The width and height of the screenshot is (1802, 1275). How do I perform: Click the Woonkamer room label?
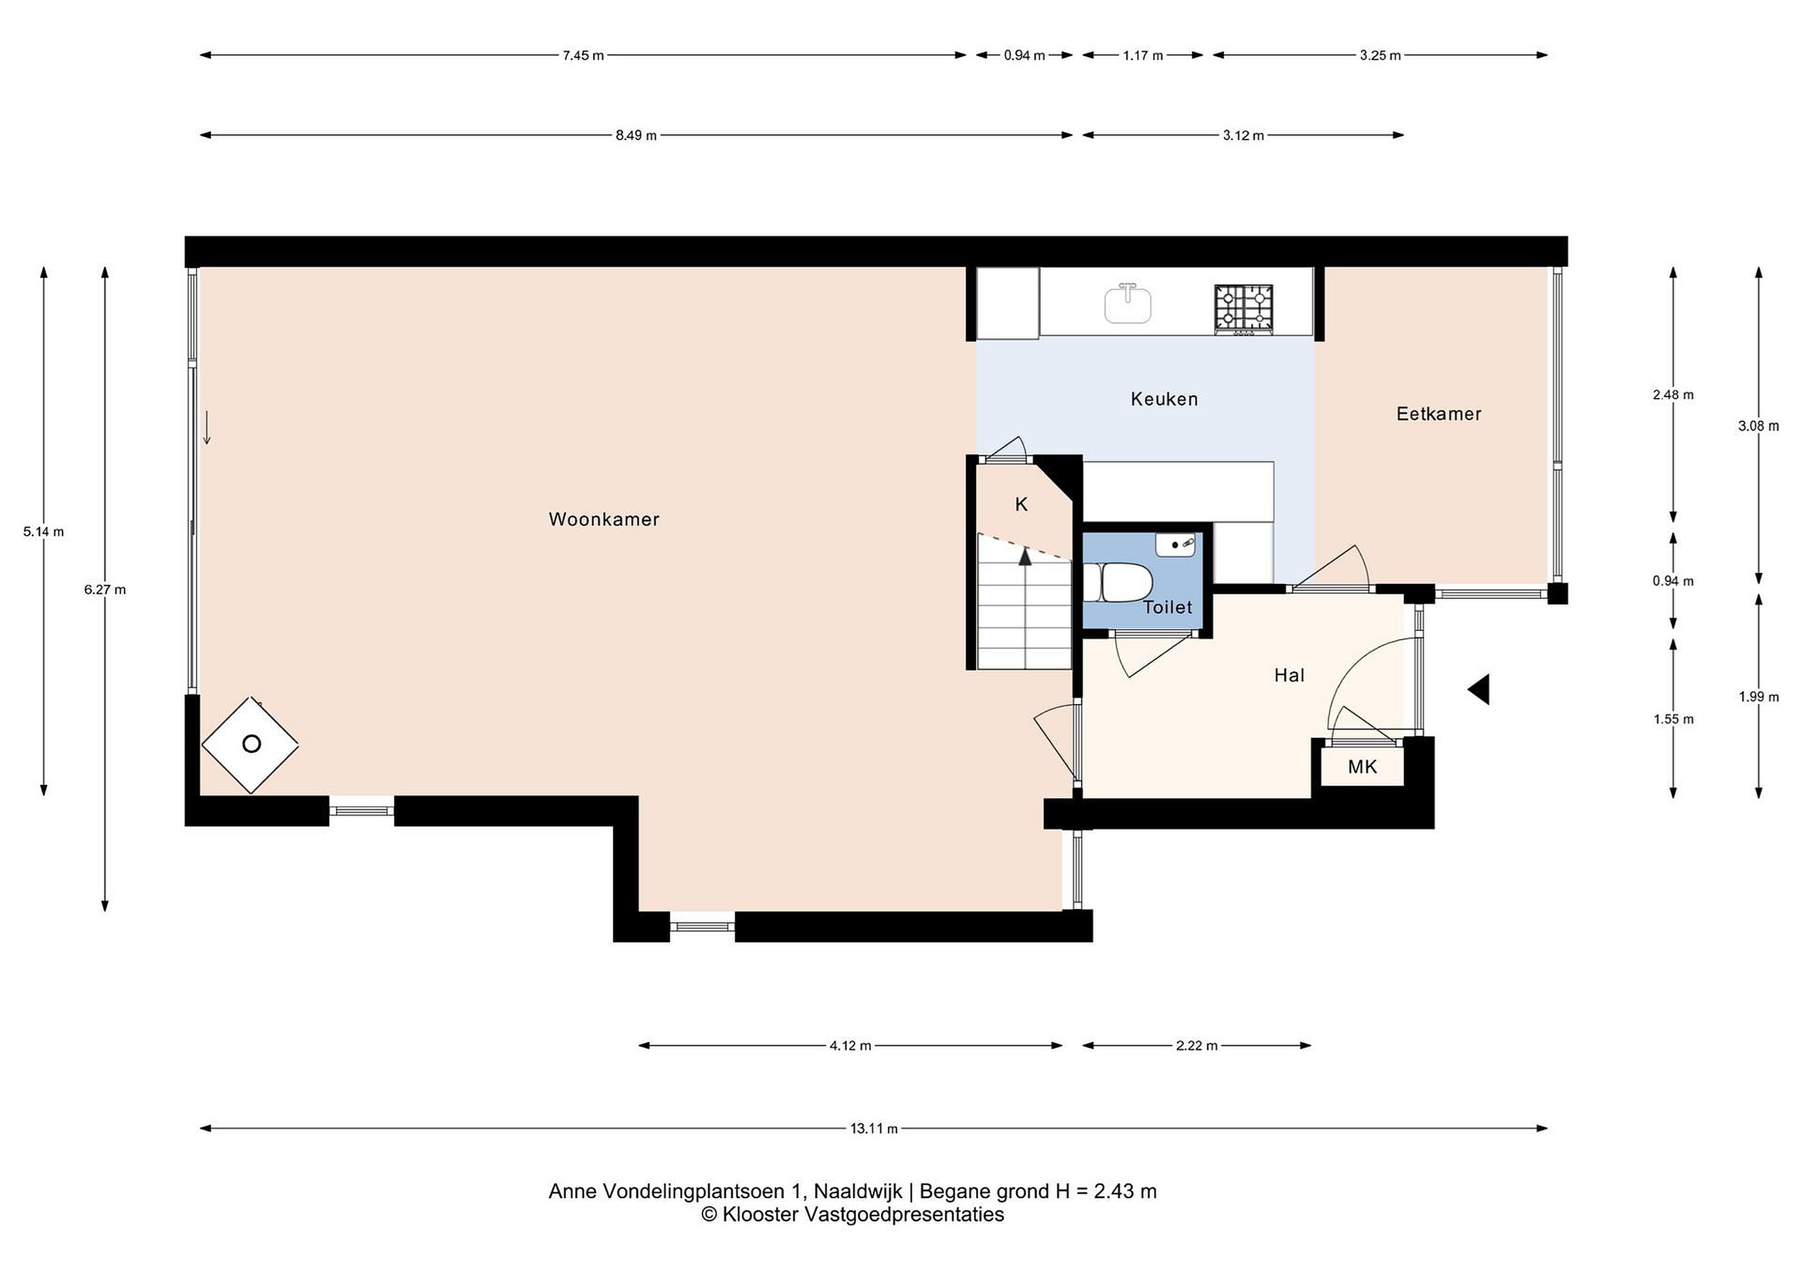click(604, 519)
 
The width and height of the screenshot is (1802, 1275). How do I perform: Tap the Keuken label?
click(1164, 399)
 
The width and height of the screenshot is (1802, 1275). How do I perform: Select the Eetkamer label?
click(1438, 414)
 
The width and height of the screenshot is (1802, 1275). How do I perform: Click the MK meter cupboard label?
click(1363, 766)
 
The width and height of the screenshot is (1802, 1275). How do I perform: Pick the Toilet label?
click(1167, 607)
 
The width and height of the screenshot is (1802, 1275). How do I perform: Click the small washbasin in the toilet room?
click(1175, 544)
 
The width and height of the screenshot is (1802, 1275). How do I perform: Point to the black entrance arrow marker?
click(1479, 689)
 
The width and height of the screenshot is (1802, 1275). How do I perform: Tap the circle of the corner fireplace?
click(251, 744)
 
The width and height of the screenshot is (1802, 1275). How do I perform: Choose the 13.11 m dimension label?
click(873, 1128)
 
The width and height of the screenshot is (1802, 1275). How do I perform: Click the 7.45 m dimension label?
click(583, 55)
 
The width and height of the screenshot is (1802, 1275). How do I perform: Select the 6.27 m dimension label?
click(105, 590)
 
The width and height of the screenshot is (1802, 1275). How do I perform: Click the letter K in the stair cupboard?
click(1021, 504)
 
